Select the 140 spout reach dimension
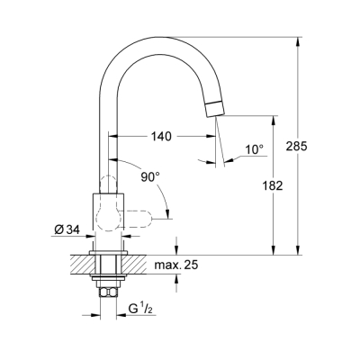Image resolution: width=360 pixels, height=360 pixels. [x=162, y=137]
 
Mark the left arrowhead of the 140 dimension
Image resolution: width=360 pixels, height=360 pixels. [x=114, y=137]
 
